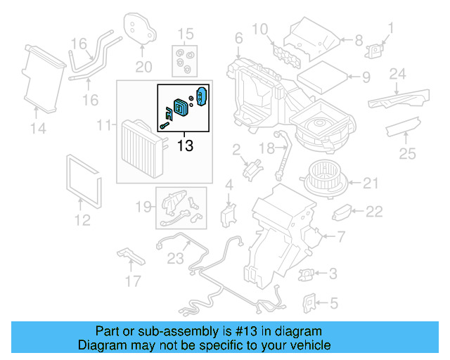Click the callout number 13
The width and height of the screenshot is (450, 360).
pyautogui.click(x=185, y=146)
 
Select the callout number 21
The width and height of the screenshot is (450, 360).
pyautogui.click(x=371, y=184)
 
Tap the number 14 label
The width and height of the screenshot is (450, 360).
pyautogui.click(x=38, y=128)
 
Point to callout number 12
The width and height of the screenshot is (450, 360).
pyautogui.click(x=82, y=220)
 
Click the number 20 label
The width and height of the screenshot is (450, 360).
pyautogui.click(x=143, y=67)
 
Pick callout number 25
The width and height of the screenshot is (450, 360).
pyautogui.click(x=407, y=153)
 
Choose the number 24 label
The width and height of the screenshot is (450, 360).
pyautogui.click(x=398, y=73)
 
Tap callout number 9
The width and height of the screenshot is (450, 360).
pyautogui.click(x=365, y=77)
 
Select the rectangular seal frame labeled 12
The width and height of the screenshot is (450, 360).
pyautogui.click(x=84, y=179)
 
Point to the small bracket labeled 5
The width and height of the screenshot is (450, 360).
pyautogui.click(x=307, y=302)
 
